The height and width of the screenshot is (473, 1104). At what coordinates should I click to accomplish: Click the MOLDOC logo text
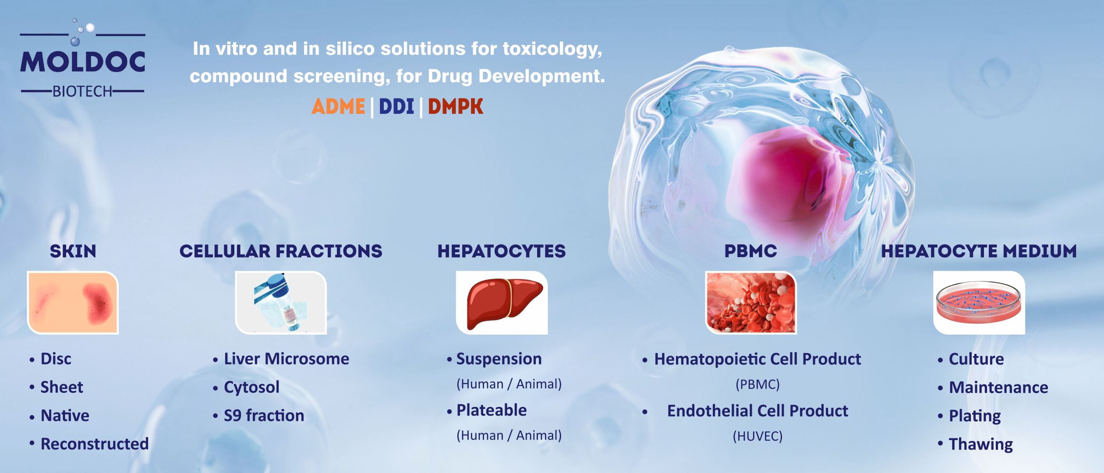pyautogui.click(x=83, y=62)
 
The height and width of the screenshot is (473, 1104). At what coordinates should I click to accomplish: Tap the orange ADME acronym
pyautogui.click(x=338, y=106)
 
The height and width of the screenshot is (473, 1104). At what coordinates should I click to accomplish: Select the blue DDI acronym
pyautogui.click(x=396, y=106)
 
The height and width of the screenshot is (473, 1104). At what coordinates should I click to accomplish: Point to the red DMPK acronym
pyautogui.click(x=456, y=106)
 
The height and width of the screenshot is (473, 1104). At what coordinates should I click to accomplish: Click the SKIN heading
pyautogui.click(x=73, y=251)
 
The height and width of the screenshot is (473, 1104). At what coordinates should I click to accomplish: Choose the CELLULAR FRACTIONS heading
pyautogui.click(x=281, y=251)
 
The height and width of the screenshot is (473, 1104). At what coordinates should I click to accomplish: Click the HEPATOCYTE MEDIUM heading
pyautogui.click(x=979, y=251)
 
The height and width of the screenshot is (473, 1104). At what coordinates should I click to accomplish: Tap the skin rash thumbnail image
pyautogui.click(x=73, y=303)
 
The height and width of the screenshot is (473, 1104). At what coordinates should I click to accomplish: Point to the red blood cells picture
pyautogui.click(x=751, y=303)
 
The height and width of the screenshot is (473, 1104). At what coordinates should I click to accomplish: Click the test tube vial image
pyautogui.click(x=281, y=303)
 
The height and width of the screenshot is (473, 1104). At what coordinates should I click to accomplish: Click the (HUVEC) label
pyautogui.click(x=757, y=436)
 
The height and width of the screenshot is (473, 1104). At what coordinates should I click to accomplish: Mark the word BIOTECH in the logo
pyautogui.click(x=83, y=92)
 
